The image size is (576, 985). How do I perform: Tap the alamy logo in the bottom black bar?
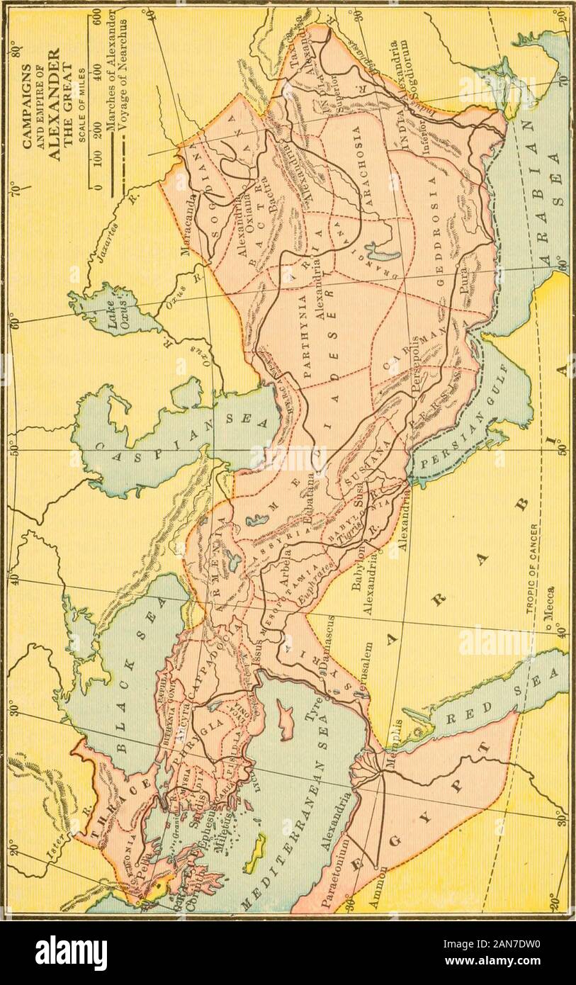71,954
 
